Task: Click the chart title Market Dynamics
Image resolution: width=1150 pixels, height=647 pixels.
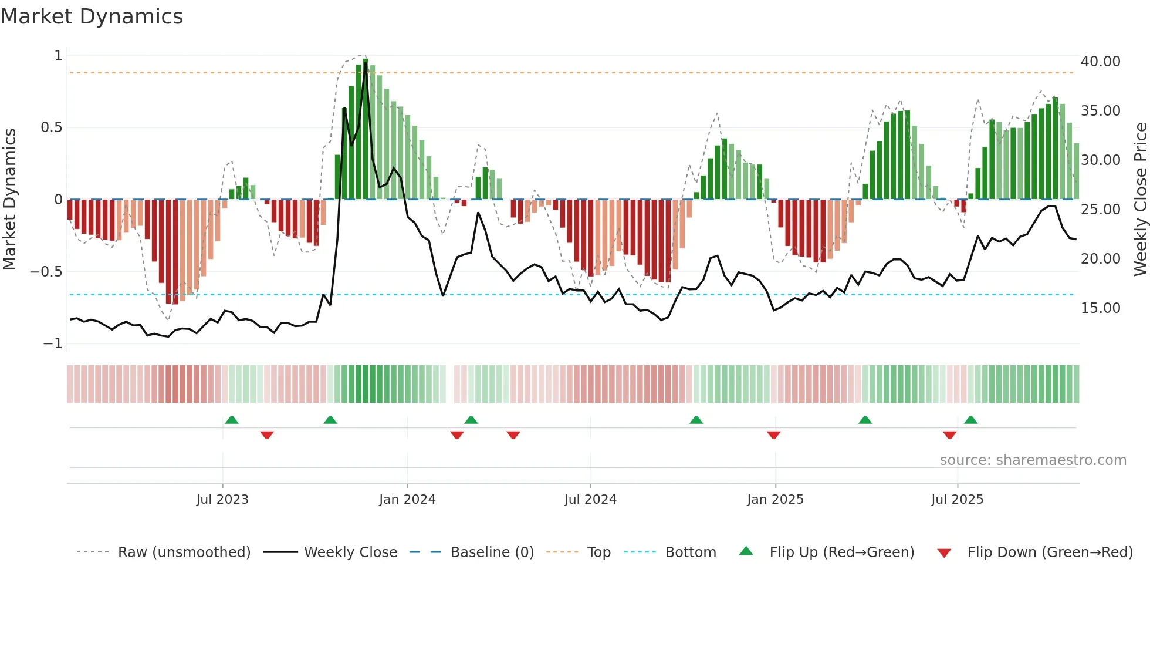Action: pyautogui.click(x=92, y=16)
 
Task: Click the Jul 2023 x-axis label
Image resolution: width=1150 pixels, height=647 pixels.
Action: pyautogui.click(x=222, y=500)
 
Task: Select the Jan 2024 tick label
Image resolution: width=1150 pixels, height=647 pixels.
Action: pyautogui.click(x=407, y=500)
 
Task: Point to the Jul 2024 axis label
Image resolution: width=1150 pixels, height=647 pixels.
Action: pyautogui.click(x=590, y=500)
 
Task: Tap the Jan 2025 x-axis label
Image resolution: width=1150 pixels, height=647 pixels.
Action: pyautogui.click(x=775, y=500)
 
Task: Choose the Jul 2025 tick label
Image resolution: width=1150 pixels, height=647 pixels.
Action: pyautogui.click(x=957, y=500)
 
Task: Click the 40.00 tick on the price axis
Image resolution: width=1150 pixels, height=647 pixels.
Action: pyautogui.click(x=1100, y=62)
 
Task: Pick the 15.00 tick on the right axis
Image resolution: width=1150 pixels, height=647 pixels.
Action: pyautogui.click(x=1100, y=308)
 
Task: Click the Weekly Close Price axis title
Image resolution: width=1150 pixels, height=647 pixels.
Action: pyautogui.click(x=1140, y=200)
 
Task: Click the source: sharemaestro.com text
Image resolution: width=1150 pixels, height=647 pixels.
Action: pyautogui.click(x=1033, y=460)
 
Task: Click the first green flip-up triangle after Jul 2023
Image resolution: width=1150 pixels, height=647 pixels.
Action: pyautogui.click(x=232, y=420)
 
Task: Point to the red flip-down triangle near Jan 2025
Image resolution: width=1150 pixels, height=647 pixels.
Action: pyautogui.click(x=773, y=435)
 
